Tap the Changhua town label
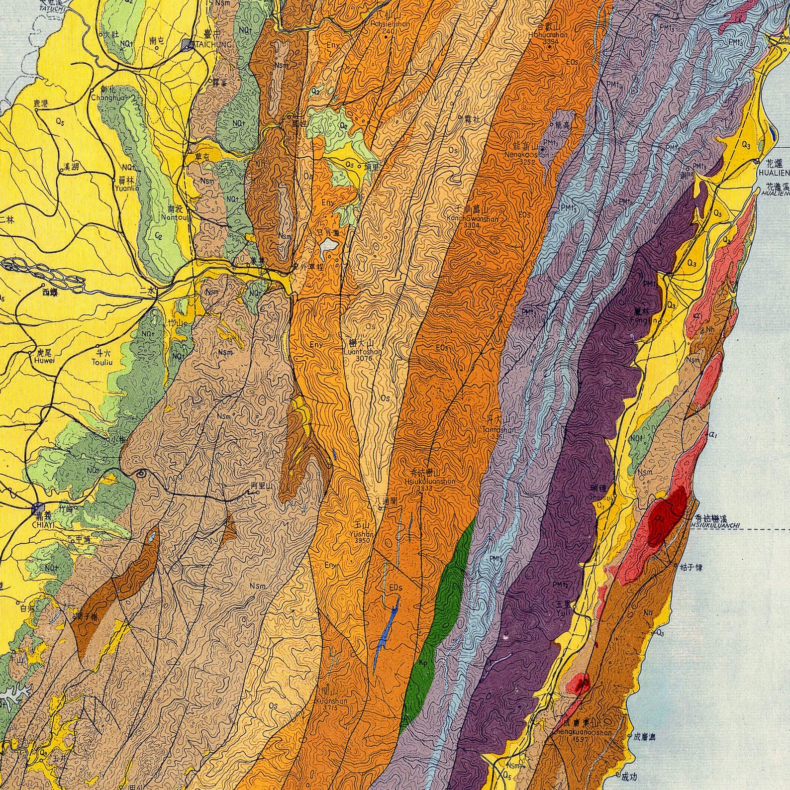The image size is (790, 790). pos(103,97)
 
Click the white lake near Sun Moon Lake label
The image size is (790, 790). pos(328,245)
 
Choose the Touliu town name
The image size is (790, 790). pos(103,362)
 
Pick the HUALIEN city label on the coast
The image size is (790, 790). pos(774,172)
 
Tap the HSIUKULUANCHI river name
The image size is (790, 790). pos(715,524)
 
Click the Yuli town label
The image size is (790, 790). pos(564,611)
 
